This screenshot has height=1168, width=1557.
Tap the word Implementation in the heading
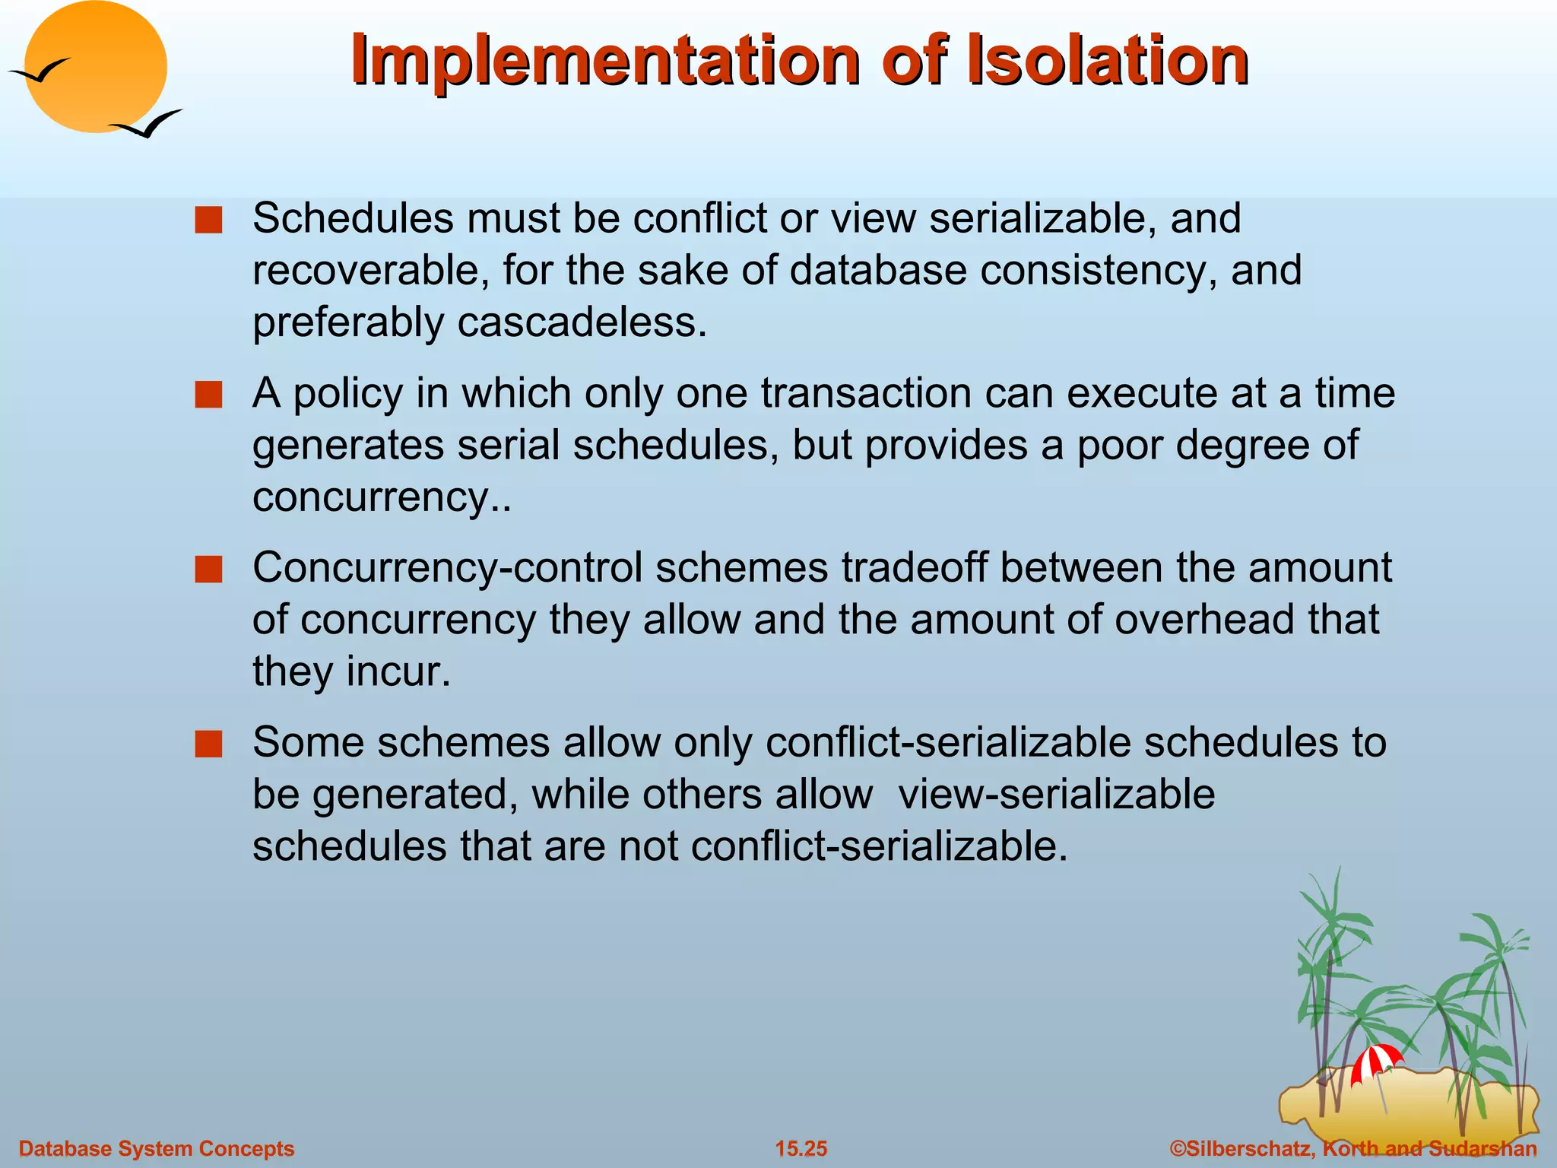click(x=604, y=61)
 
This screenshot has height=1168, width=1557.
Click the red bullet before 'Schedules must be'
click(x=208, y=221)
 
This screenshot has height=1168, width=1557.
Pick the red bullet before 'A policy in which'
click(x=208, y=395)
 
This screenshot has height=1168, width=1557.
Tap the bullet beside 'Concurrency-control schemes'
click(x=208, y=570)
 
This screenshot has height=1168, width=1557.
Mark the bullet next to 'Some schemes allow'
click(x=208, y=744)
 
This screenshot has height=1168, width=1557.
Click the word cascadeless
click(x=582, y=322)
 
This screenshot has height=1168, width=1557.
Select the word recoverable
click(x=370, y=271)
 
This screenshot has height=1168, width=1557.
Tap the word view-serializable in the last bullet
click(x=1056, y=795)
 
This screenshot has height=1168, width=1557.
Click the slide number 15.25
click(x=801, y=1148)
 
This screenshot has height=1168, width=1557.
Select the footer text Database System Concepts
click(x=156, y=1148)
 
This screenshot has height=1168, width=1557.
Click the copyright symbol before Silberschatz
click(x=1178, y=1148)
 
